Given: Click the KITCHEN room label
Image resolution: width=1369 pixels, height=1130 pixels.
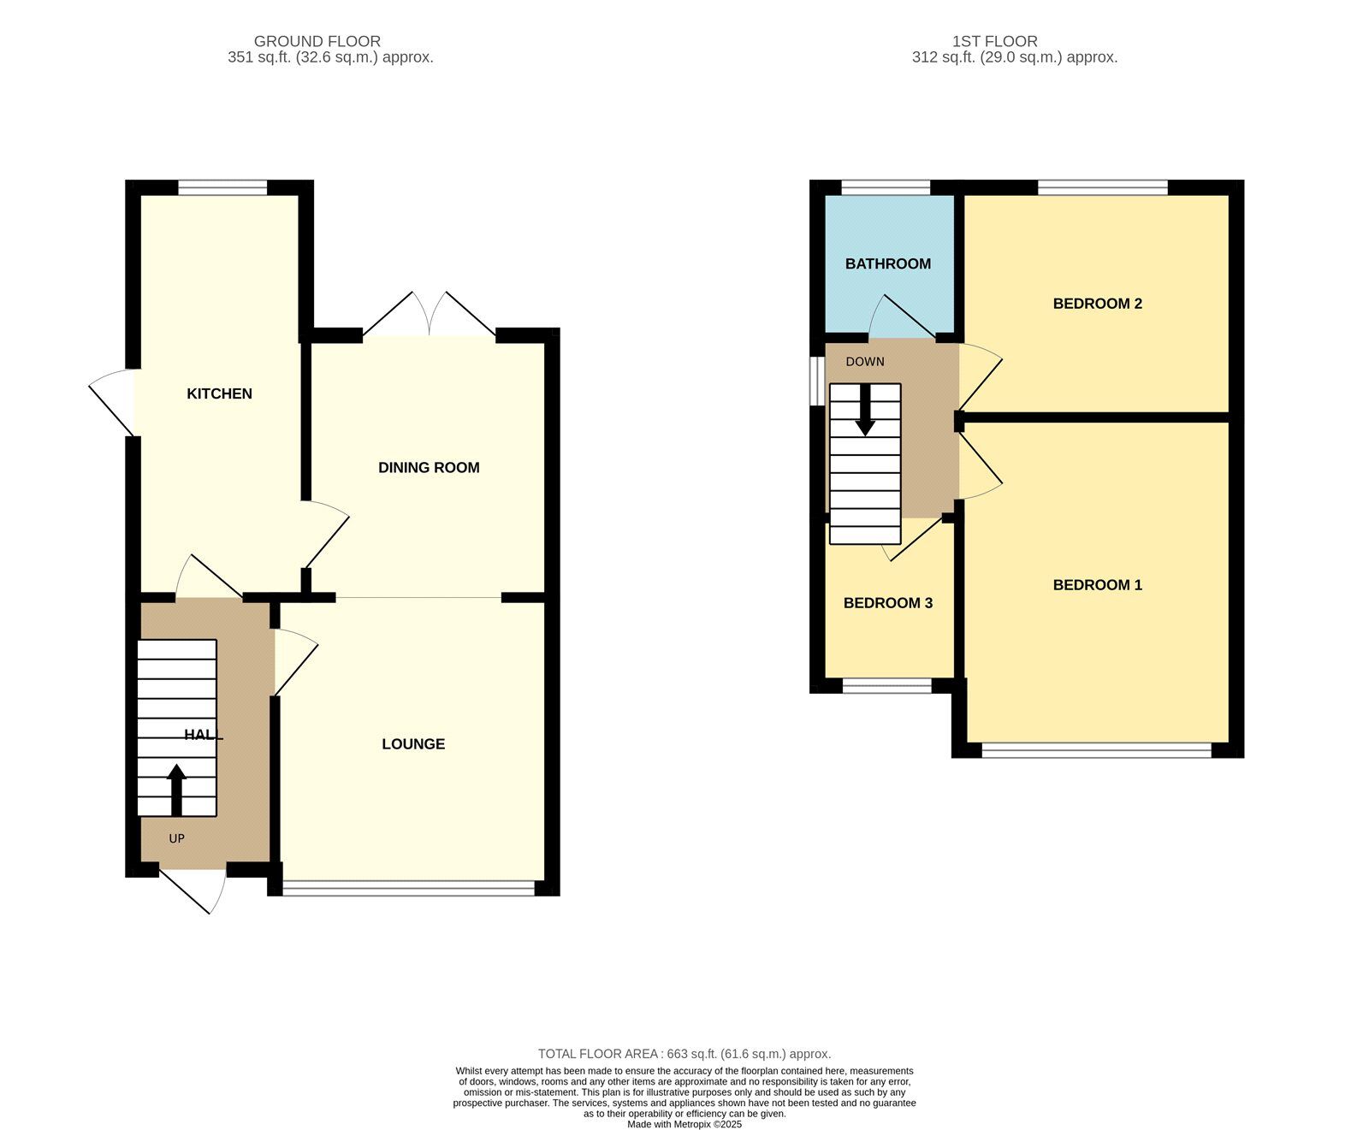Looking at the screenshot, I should [x=219, y=393].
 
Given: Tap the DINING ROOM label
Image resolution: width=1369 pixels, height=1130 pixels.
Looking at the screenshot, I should [x=429, y=467].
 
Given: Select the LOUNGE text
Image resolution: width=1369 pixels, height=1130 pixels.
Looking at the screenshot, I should [x=413, y=744].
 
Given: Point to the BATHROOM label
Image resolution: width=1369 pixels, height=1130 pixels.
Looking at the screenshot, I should [x=887, y=263].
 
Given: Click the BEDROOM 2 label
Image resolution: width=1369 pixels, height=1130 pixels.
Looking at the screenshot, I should [x=1097, y=304].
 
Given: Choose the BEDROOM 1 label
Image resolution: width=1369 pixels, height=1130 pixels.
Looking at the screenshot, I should [x=1097, y=585].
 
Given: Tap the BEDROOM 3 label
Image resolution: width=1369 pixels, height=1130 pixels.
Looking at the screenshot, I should [x=887, y=603].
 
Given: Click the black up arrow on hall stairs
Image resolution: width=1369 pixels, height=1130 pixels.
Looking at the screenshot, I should [x=177, y=789].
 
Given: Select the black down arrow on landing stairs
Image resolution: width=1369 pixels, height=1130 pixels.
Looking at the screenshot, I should [x=865, y=411].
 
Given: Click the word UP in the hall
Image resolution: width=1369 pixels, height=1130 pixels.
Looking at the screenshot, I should [x=176, y=838].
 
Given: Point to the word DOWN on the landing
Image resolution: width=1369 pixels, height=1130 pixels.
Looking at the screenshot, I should [x=864, y=362].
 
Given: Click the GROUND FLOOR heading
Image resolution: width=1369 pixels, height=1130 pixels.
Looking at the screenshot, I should [x=317, y=41].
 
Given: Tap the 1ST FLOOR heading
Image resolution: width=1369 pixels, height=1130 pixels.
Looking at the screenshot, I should [x=994, y=41].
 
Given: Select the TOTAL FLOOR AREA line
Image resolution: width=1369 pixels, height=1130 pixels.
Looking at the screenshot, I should [x=684, y=1054].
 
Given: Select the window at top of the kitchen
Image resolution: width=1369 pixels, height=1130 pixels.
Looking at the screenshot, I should [x=222, y=187].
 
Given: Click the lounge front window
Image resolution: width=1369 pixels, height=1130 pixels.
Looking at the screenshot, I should [x=408, y=889].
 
